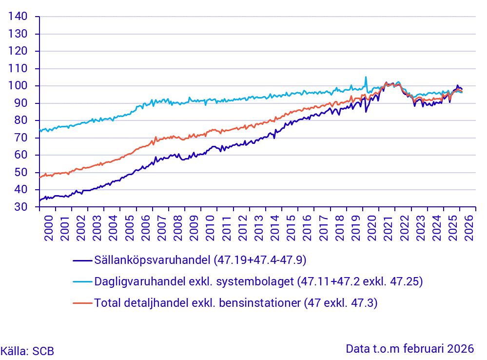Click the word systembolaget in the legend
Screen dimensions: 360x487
pos(255,281)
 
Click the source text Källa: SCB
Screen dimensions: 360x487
pos(27,351)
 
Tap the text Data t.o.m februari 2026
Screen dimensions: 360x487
pos(409,349)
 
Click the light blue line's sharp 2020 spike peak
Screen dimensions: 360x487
pos(366,77)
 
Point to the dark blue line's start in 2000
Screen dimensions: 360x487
pos(40,200)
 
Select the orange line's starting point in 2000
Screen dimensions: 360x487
pos(40,177)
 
